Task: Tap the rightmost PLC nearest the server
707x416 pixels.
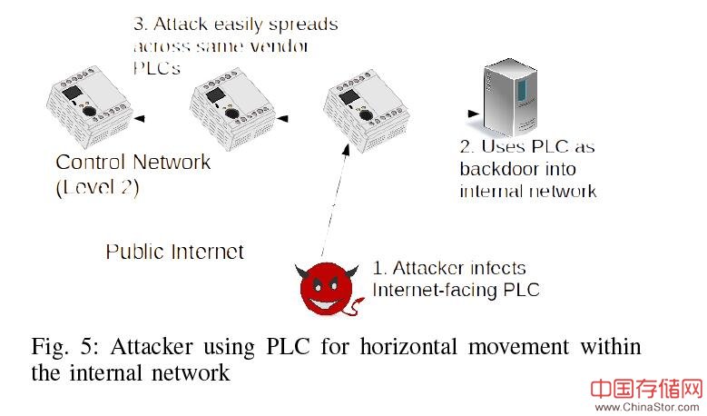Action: pyautogui.click(x=363, y=110)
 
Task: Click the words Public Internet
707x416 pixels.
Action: pyautogui.click(x=174, y=252)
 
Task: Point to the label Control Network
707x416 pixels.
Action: pyautogui.click(x=133, y=163)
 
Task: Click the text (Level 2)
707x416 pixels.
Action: pyautogui.click(x=98, y=188)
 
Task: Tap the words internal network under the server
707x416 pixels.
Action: pyautogui.click(x=527, y=191)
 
